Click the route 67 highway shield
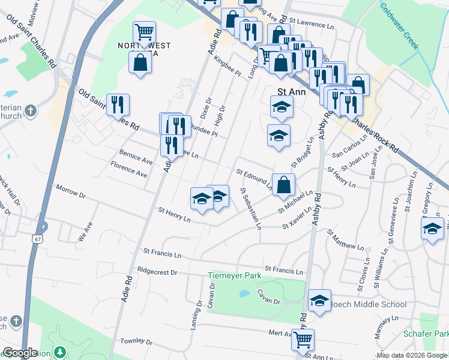(37, 239)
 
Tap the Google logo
(20, 353)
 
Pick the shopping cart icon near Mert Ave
(303, 340)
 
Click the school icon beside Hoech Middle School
(319, 299)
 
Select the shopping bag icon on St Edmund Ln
(283, 184)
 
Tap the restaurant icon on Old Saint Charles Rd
(118, 104)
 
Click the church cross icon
(32, 110)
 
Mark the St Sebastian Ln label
(251, 209)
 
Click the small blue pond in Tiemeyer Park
(243, 294)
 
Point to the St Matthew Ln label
(345, 239)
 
